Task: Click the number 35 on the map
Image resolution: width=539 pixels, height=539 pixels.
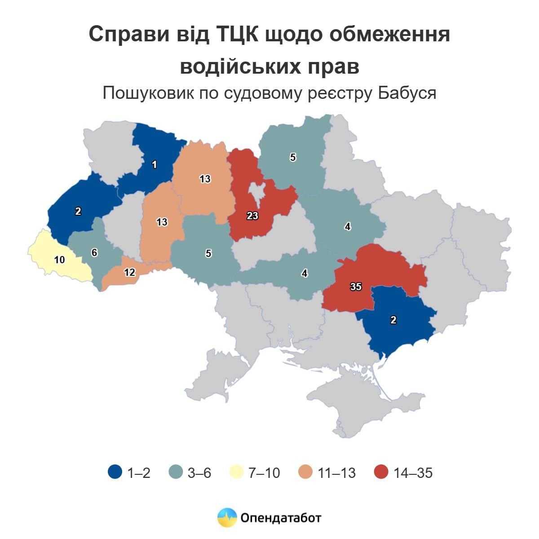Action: coord(356,287)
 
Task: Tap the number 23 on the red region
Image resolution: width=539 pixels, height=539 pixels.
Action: coord(252,216)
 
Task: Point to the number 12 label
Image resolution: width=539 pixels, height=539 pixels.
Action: coord(129,272)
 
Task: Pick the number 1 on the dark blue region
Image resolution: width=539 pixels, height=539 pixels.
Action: coord(155,165)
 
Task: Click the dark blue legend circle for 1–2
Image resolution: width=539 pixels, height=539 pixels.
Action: coord(115,473)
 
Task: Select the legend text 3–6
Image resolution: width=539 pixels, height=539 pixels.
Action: coord(199,473)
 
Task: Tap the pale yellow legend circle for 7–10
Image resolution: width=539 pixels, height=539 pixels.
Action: coord(236,473)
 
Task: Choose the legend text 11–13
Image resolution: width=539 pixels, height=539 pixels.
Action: coord(336,473)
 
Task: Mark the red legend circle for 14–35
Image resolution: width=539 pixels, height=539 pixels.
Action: coord(381,473)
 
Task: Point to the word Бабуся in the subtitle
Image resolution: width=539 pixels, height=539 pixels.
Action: coord(407,93)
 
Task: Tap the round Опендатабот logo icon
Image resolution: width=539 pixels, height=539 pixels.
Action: coord(227,517)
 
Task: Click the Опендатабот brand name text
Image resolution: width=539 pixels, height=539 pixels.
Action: coord(281,518)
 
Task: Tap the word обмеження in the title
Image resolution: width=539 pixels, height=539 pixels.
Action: coord(389,34)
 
